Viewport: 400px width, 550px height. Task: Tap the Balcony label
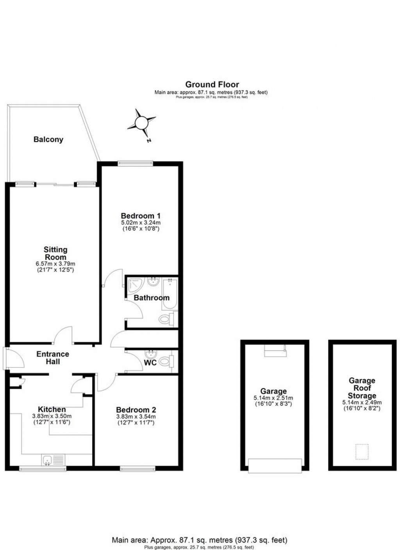point(48,139)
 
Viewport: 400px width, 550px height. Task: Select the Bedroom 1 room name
point(141,216)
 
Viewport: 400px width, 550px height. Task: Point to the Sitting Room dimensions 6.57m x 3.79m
point(55,264)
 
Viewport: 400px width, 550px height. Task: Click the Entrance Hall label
point(53,358)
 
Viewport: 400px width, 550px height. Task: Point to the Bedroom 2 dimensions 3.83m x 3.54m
point(136,416)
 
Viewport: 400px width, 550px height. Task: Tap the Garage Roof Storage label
point(362,388)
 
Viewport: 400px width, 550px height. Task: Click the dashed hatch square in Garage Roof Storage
point(362,452)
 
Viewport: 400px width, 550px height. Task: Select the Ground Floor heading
point(212,84)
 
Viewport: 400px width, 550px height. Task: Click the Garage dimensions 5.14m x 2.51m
point(274,398)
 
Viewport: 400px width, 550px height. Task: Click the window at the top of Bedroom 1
point(135,164)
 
